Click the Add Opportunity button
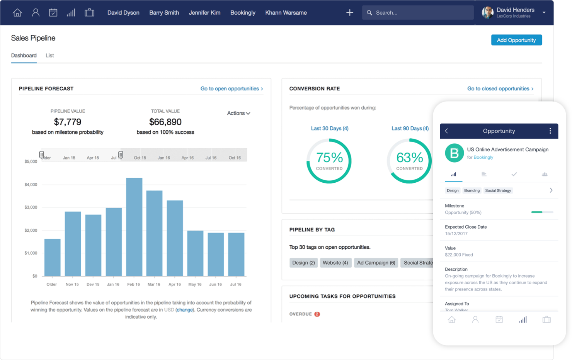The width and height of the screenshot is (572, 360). click(516, 40)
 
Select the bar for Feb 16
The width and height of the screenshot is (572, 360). click(134, 227)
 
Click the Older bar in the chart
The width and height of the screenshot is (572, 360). click(52, 257)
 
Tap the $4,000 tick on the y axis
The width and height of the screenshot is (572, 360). click(31, 185)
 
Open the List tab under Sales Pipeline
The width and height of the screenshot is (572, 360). click(49, 56)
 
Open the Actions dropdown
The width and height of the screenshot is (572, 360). click(238, 113)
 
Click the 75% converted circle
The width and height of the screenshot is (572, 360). click(329, 161)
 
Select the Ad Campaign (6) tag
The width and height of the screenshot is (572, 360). click(376, 263)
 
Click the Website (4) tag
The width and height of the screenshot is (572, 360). click(335, 263)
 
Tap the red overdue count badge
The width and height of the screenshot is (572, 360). click(317, 314)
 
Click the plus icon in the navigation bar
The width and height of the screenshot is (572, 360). click(349, 13)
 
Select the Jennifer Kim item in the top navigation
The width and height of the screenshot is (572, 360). click(204, 13)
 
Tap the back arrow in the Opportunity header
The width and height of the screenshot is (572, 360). click(446, 131)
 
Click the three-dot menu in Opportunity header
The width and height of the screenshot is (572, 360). click(550, 131)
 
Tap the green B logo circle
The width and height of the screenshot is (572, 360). click(454, 153)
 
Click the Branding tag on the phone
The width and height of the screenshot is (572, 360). click(472, 190)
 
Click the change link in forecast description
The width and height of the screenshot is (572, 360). click(185, 310)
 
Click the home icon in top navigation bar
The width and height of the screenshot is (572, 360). click(17, 13)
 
